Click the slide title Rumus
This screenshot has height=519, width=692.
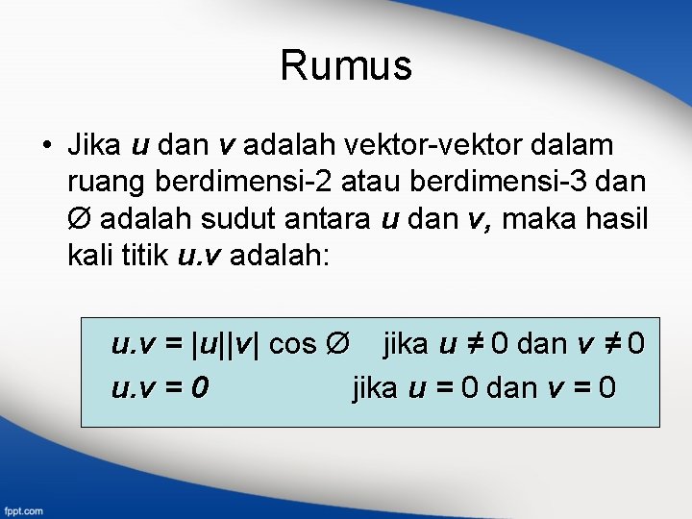pos(346,66)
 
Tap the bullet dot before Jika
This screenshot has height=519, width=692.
pos(45,146)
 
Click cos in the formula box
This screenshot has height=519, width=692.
pos(292,343)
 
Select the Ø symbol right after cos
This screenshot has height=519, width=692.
pos(335,343)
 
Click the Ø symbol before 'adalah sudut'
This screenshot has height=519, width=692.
pos(81,220)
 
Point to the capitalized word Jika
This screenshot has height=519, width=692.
pos(94,145)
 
